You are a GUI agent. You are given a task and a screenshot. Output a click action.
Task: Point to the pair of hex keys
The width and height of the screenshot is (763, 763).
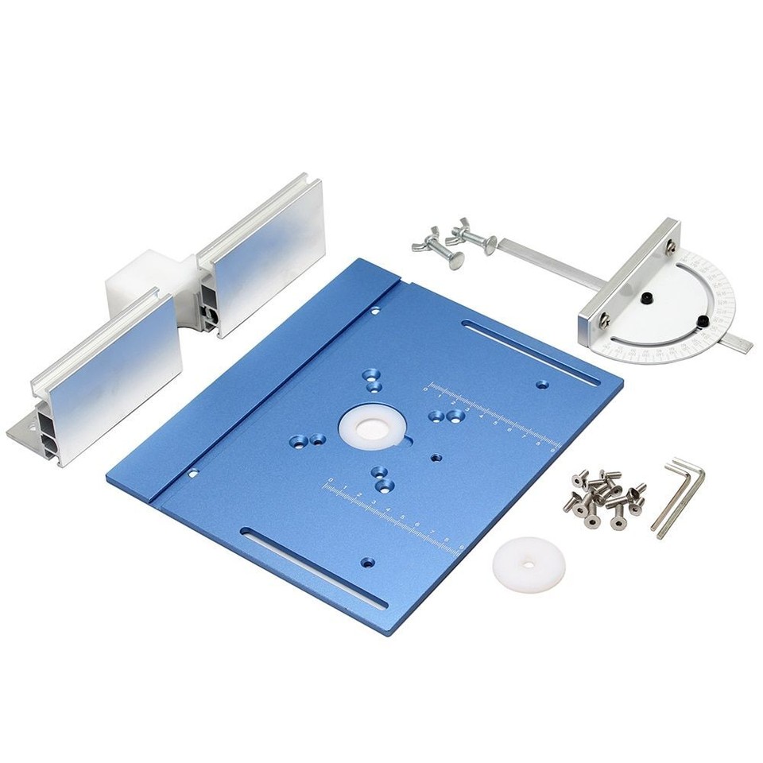tap(677, 496)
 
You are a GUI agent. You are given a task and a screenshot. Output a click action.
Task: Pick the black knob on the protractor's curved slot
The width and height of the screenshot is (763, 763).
tap(704, 321)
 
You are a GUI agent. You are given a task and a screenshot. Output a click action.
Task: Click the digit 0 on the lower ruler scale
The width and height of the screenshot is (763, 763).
tap(328, 480)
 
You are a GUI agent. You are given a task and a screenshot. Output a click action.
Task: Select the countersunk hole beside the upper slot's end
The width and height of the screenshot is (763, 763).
tap(542, 385)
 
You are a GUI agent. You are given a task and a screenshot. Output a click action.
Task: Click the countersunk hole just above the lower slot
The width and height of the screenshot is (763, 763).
tap(366, 562)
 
